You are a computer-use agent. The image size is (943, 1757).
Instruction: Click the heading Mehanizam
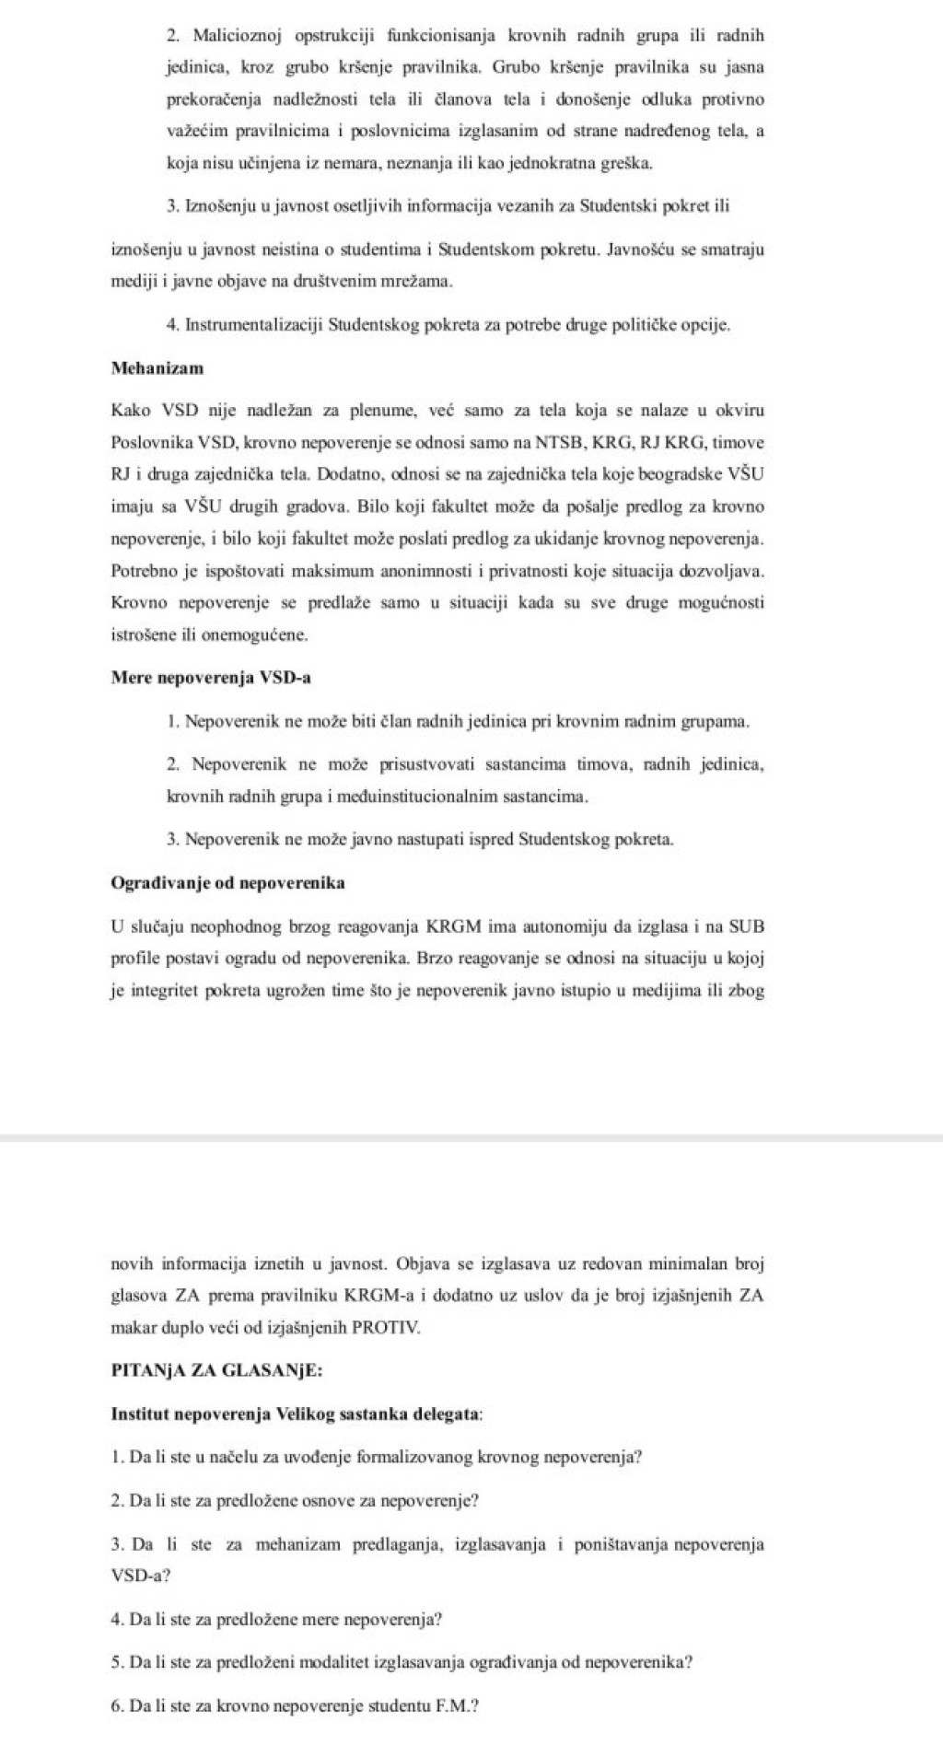[157, 368]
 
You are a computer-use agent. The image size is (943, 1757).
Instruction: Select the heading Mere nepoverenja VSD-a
[211, 678]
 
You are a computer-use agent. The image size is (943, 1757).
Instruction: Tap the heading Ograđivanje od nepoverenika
[227, 883]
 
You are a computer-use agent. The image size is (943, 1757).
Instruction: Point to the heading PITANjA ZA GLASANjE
[216, 1369]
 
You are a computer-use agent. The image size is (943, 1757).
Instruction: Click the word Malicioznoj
[231, 36]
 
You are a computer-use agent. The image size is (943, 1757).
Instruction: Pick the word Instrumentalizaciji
[254, 325]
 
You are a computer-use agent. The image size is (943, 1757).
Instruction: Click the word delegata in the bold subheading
[449, 1414]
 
